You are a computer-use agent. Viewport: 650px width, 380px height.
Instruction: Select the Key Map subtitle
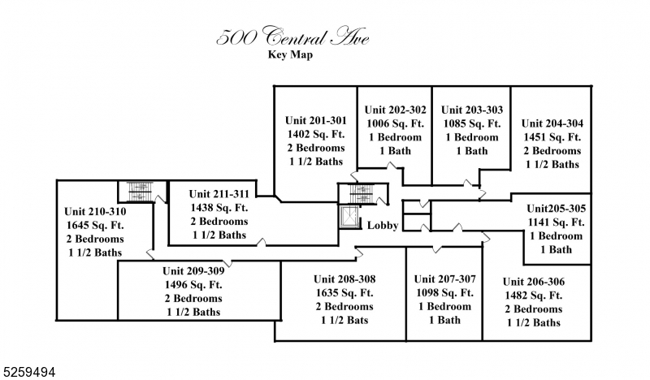click(290, 55)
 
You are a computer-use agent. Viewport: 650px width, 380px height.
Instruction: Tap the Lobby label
click(382, 226)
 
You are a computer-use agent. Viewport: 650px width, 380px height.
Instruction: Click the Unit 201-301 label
click(316, 120)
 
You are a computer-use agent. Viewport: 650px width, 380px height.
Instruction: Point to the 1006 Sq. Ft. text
click(394, 123)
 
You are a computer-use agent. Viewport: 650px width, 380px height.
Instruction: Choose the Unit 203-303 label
click(472, 110)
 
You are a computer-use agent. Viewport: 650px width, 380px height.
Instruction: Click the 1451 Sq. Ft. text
click(552, 137)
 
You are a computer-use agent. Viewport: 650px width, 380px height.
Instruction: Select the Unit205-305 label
click(556, 208)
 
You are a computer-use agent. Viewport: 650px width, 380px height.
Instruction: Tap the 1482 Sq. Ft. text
click(534, 296)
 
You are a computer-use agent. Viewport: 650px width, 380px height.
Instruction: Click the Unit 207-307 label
click(444, 279)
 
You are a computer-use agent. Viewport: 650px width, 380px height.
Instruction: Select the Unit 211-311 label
click(219, 194)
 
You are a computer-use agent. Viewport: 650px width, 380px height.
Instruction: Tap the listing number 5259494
click(28, 371)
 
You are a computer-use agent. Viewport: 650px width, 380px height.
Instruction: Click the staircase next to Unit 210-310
click(135, 191)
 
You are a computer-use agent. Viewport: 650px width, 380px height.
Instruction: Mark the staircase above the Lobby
click(358, 195)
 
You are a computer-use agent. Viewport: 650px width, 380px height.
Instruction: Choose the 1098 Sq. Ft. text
click(444, 292)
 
